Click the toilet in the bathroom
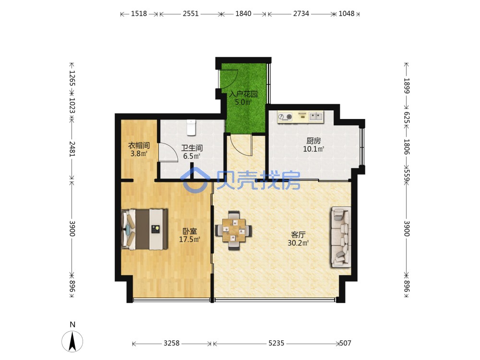pyautogui.click(x=191, y=127)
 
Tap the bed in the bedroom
pyautogui.click(x=145, y=229)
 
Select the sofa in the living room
pyautogui.click(x=340, y=237)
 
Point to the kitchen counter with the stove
pyautogui.click(x=300, y=117)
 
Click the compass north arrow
pyautogui.click(x=72, y=341)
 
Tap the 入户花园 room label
pyautogui.click(x=243, y=94)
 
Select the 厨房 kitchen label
pyautogui.click(x=313, y=141)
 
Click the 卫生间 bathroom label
pyautogui.click(x=192, y=148)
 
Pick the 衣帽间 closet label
pyautogui.click(x=139, y=145)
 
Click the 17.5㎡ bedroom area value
pyautogui.click(x=190, y=239)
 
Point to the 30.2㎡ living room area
pyautogui.click(x=298, y=243)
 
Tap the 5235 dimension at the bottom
pyautogui.click(x=276, y=344)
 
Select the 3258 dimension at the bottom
pyautogui.click(x=171, y=344)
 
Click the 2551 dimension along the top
pyautogui.click(x=191, y=14)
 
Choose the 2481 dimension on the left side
pyautogui.click(x=72, y=149)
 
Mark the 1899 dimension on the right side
pyautogui.click(x=407, y=86)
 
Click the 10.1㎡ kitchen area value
pyautogui.click(x=313, y=149)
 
